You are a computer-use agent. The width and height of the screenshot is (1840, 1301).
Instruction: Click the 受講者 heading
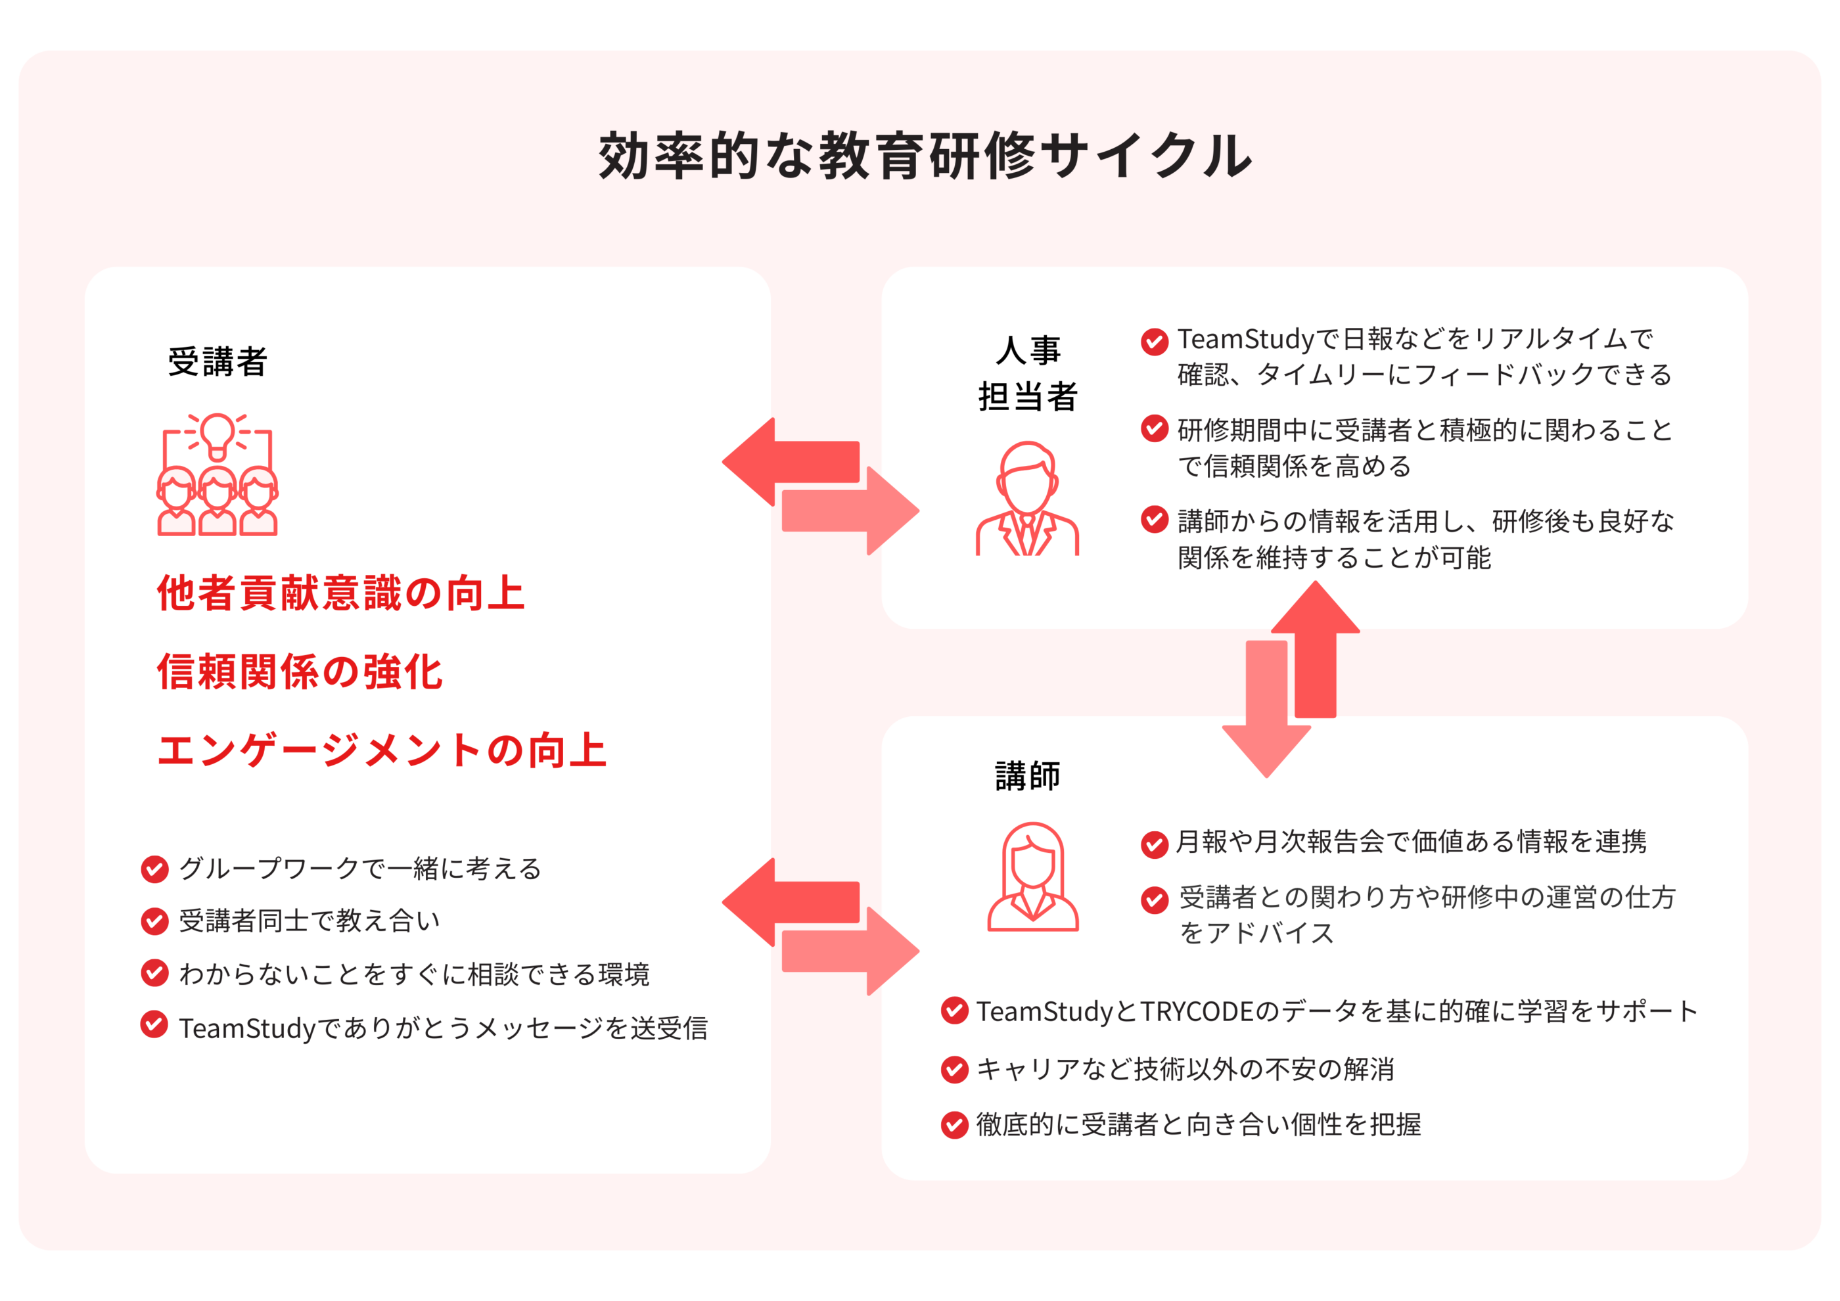click(217, 361)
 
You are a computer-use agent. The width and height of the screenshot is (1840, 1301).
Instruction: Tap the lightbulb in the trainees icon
click(217, 434)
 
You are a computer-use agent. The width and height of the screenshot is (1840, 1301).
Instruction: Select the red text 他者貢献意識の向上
click(340, 593)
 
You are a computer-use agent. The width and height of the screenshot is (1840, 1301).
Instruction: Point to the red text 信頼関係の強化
click(300, 672)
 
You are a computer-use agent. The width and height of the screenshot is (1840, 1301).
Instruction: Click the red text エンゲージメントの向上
click(381, 750)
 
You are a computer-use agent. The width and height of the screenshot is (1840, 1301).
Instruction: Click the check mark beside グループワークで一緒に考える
click(154, 869)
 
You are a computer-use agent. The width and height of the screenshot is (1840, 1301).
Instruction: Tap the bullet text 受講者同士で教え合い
click(310, 921)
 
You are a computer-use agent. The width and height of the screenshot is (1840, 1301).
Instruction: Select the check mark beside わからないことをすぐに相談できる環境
click(154, 973)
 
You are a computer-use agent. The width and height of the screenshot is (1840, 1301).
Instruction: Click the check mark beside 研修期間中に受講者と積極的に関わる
click(1154, 429)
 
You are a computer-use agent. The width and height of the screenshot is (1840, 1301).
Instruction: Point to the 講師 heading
click(1027, 775)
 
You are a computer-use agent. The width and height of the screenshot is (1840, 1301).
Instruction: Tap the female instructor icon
click(1032, 877)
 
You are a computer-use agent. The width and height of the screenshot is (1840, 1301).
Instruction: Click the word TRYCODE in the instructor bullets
click(1197, 1012)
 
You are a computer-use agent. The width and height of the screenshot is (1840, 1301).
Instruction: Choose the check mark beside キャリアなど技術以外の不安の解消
click(954, 1070)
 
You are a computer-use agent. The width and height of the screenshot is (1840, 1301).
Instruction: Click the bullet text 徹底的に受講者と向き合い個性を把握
click(1198, 1125)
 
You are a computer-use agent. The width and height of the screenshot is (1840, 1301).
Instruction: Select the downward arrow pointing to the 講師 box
click(1266, 713)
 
